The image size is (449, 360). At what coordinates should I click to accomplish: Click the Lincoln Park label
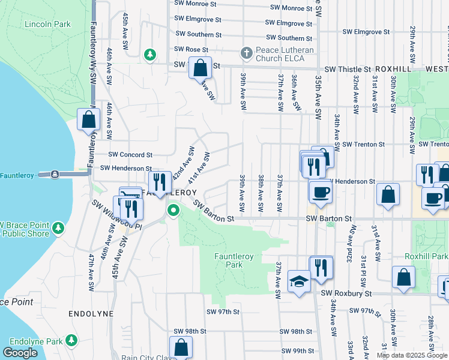point(47,24)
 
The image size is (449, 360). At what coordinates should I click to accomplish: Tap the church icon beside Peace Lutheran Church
point(246,53)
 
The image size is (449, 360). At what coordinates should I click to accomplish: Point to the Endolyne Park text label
point(32,341)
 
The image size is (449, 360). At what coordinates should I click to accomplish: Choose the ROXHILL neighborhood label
point(391,70)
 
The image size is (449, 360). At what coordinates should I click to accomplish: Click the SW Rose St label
point(191,49)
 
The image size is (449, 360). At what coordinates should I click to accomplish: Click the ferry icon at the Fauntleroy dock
point(55,174)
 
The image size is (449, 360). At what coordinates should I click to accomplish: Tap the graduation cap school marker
point(298,281)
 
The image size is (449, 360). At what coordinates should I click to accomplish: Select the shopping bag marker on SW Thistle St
point(200,67)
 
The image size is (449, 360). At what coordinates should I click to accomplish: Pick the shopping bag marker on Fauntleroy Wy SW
point(89,119)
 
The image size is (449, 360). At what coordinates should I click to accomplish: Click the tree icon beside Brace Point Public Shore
point(58,228)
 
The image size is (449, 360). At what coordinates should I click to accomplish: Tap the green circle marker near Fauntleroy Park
point(173,210)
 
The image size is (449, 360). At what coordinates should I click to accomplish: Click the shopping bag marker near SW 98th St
point(181,347)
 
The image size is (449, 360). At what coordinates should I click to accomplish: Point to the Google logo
point(20,353)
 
